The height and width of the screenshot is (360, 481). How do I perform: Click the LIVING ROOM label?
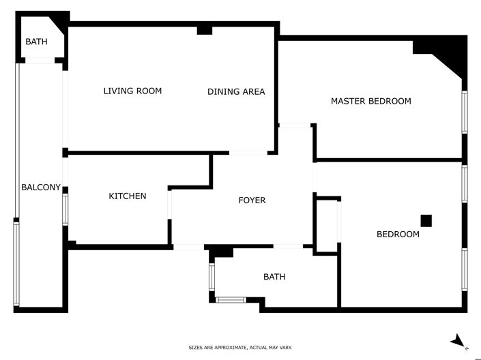(132, 91)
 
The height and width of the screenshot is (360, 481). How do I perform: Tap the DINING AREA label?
(236, 91)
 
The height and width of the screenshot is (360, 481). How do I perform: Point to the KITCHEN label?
(128, 196)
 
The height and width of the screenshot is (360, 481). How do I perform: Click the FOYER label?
(252, 200)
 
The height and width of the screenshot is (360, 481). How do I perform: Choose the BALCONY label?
(41, 187)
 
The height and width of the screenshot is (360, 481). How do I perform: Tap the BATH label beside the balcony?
(36, 42)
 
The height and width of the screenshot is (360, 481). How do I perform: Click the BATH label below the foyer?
(274, 277)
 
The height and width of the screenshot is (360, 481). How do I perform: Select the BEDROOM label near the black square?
(398, 235)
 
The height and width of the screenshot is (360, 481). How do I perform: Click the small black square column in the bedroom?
(426, 220)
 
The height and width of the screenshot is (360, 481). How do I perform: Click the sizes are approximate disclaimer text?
(240, 348)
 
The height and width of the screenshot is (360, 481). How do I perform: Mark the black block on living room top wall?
(204, 30)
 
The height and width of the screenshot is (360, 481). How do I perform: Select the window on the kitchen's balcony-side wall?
(65, 209)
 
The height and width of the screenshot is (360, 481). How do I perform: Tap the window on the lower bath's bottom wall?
(231, 299)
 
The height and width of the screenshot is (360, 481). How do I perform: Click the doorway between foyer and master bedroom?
(295, 125)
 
